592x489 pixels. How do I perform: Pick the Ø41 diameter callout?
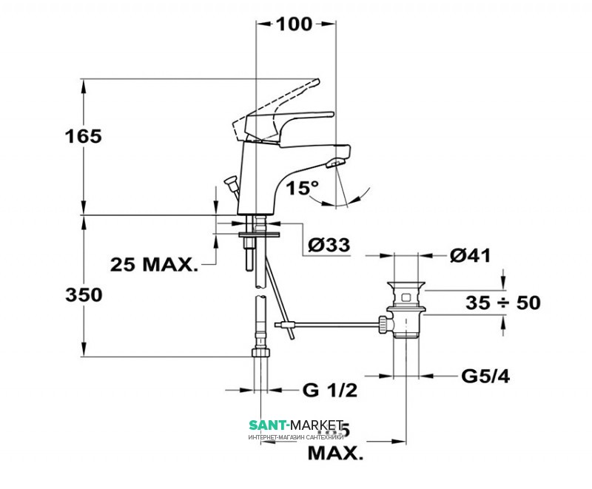click(x=471, y=256)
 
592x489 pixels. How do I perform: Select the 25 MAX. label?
click(x=155, y=263)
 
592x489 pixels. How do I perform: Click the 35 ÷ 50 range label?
click(x=503, y=303)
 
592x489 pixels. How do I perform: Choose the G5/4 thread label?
click(x=485, y=377)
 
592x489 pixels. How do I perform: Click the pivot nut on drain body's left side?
click(x=384, y=323)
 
